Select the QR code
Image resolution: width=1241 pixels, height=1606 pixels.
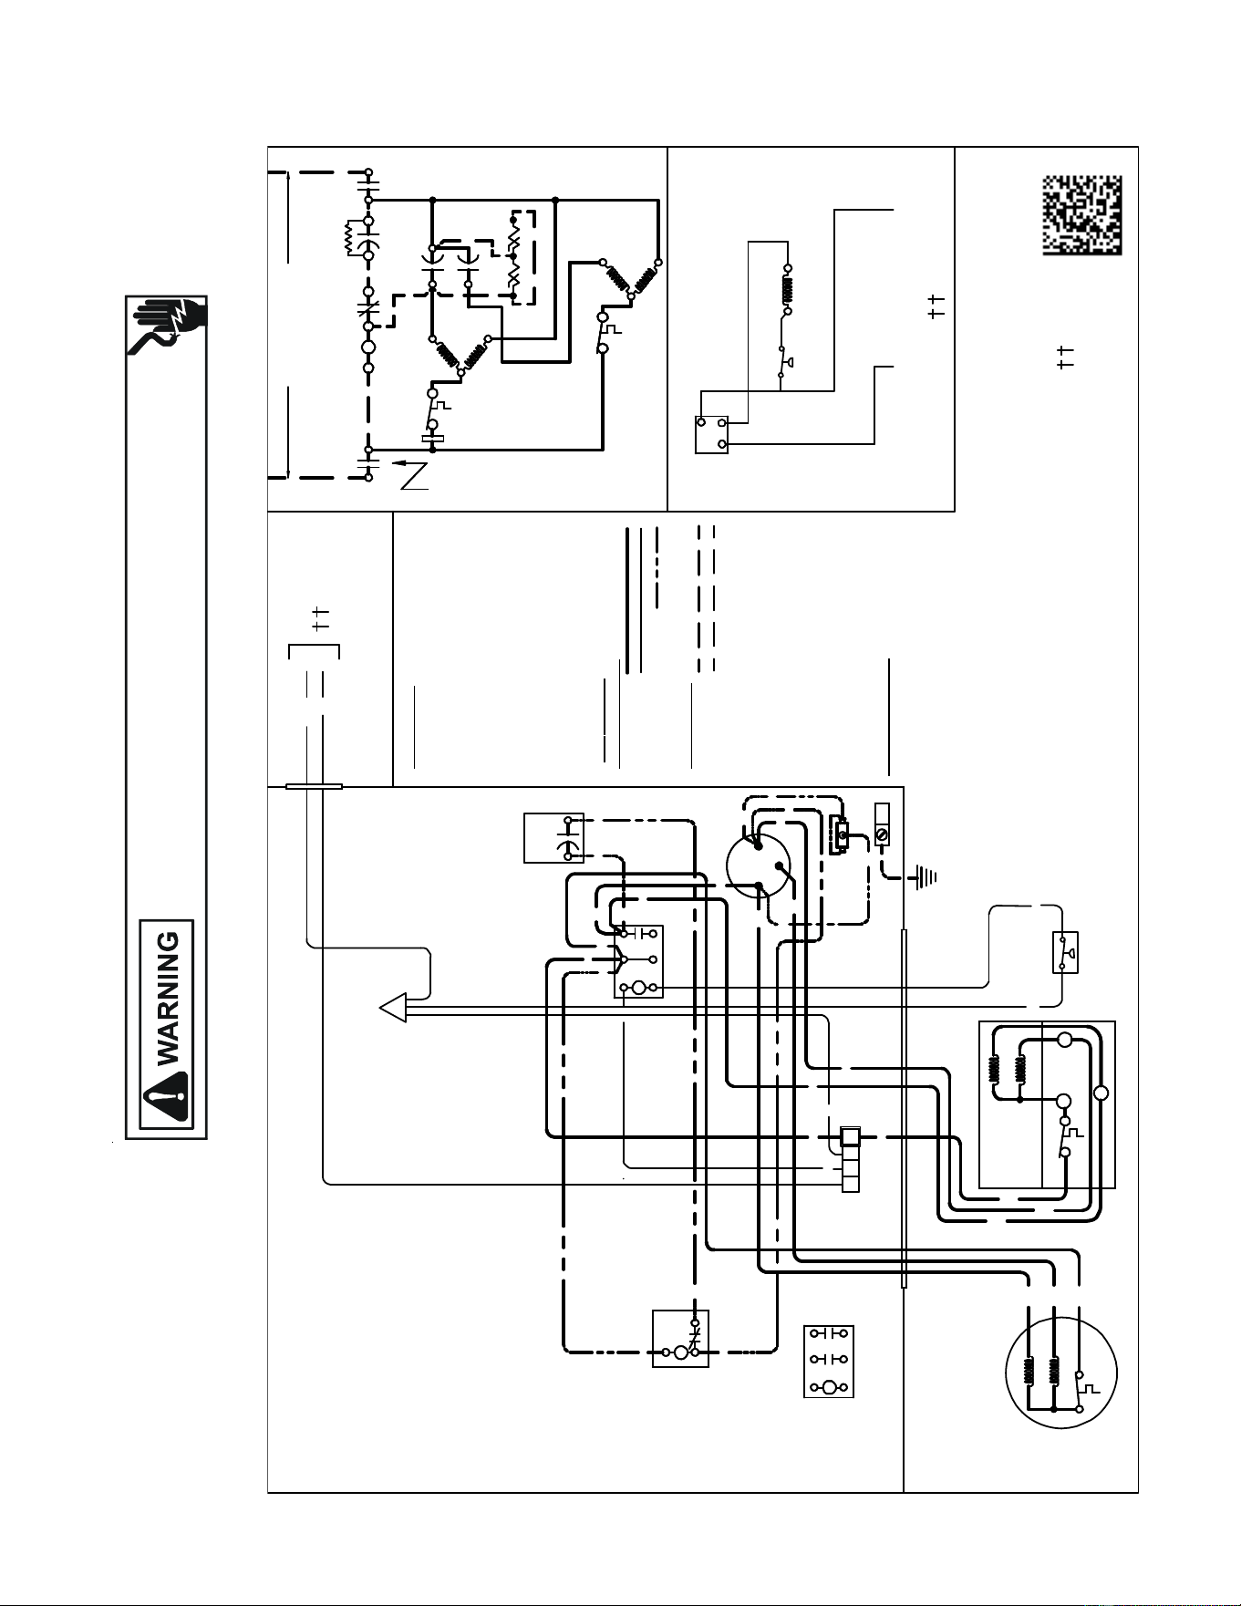coord(1082,215)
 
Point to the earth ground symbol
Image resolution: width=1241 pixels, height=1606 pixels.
coord(924,878)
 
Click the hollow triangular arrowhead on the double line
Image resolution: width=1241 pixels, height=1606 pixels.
coord(393,1008)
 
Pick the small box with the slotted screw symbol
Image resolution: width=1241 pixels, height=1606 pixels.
coord(881,824)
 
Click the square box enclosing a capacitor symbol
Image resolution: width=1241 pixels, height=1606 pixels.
coord(553,838)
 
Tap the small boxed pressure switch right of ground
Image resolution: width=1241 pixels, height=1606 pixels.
coord(1065,952)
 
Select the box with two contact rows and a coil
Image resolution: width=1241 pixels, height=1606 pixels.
coord(829,1362)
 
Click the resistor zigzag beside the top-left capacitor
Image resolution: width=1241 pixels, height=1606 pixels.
coord(349,237)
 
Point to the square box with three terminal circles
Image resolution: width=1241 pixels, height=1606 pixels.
coord(711,435)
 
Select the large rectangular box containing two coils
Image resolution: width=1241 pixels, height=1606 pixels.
coord(1047,1104)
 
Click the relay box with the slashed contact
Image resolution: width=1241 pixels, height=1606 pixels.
coord(680,1339)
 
